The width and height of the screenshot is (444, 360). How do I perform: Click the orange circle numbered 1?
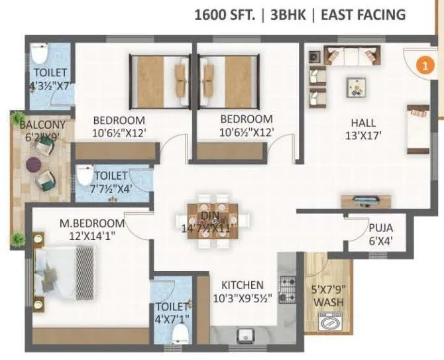click(424, 65)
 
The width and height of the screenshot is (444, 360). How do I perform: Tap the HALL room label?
click(363, 123)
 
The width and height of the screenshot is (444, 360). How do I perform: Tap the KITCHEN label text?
click(242, 285)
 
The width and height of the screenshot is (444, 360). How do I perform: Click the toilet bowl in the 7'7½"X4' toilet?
click(85, 176)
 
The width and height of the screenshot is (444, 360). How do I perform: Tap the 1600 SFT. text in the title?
click(224, 15)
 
